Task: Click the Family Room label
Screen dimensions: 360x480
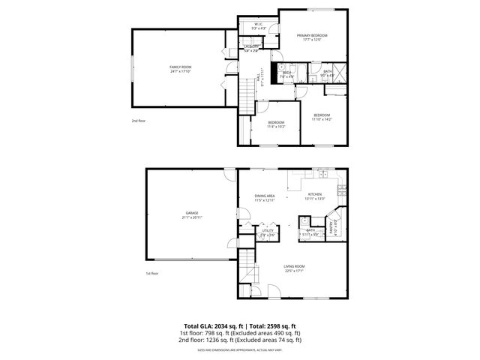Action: [180, 67]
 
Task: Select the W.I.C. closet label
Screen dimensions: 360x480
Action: [257, 25]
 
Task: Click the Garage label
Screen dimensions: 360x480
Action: [192, 213]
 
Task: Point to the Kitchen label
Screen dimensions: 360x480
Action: [315, 194]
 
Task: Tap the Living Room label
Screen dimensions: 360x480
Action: [293, 267]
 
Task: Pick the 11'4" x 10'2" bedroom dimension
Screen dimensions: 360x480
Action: [276, 127]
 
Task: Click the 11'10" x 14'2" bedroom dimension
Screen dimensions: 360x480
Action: [322, 119]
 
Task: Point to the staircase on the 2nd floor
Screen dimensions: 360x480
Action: [247, 96]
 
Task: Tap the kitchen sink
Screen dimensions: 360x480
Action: [324, 174]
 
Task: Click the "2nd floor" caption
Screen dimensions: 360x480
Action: [138, 120]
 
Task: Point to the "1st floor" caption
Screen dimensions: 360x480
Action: [152, 273]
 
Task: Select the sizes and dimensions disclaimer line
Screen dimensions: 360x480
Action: [239, 349]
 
